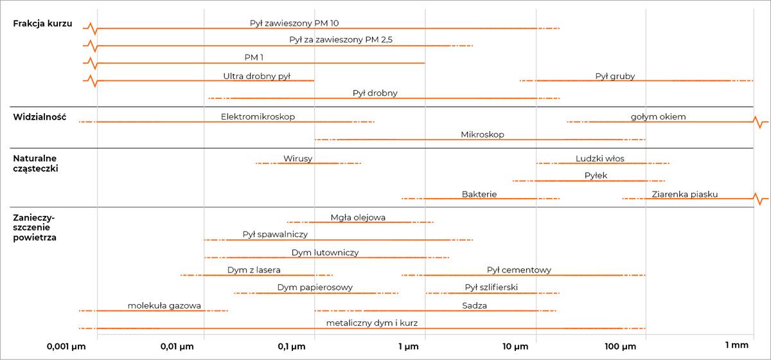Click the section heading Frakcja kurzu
pyautogui.click(x=42, y=23)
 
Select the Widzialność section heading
pyautogui.click(x=40, y=117)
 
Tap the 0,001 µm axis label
pyautogui.click(x=66, y=346)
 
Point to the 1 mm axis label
pyautogui.click(x=736, y=345)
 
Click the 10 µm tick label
pyautogui.click(x=515, y=346)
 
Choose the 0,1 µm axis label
pyautogui.click(x=292, y=346)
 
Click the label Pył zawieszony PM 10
pyautogui.click(x=294, y=23)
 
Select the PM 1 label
pyautogui.click(x=254, y=57)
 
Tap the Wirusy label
pyautogui.click(x=297, y=159)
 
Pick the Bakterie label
pyautogui.click(x=479, y=194)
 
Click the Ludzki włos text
pyautogui.click(x=600, y=159)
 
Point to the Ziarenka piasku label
pyautogui.click(x=685, y=194)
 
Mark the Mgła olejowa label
pyautogui.click(x=358, y=217)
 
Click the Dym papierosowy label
pyautogui.click(x=315, y=287)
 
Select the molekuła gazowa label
pyautogui.click(x=164, y=305)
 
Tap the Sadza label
pyautogui.click(x=474, y=305)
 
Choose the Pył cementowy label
pyautogui.click(x=519, y=270)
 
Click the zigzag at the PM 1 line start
pyautogui.click(x=92, y=63)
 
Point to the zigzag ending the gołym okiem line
pyautogui.click(x=760, y=122)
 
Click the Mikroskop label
pyautogui.click(x=483, y=135)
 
